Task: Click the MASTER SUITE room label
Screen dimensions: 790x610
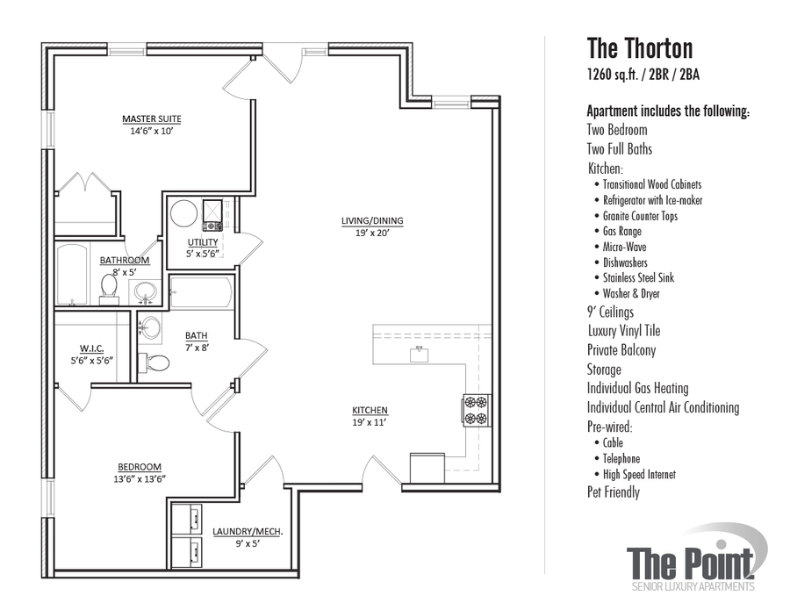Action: [x=152, y=118]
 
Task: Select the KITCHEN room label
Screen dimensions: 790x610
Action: [x=370, y=410]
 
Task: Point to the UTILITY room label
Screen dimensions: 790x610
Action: [x=203, y=242]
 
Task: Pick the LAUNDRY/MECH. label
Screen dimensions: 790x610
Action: [x=248, y=531]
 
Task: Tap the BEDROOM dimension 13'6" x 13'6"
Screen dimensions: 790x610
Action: [x=140, y=478]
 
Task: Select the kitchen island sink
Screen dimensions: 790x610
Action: [x=420, y=354]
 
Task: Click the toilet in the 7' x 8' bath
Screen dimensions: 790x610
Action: [x=158, y=362]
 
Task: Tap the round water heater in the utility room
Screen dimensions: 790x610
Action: [x=184, y=213]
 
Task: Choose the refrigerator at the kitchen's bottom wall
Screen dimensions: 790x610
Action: [x=429, y=466]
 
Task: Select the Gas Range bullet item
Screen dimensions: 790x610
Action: [x=628, y=231]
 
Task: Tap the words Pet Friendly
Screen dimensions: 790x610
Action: [x=613, y=492]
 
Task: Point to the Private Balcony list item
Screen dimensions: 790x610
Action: [x=621, y=350]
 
